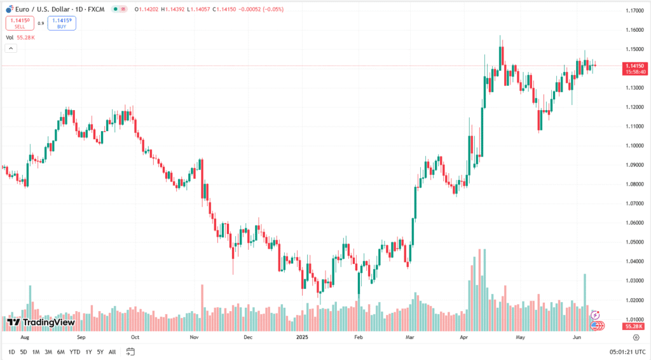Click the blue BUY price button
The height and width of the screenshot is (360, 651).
(61, 24)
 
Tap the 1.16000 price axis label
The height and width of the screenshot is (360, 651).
(634, 30)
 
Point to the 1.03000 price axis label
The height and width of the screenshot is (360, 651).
(634, 280)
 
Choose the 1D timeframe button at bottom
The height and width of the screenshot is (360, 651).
(11, 352)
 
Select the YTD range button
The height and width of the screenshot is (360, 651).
(74, 352)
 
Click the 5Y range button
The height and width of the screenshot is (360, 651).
(100, 352)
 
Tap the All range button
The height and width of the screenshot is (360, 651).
(112, 352)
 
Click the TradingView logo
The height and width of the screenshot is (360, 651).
(41, 322)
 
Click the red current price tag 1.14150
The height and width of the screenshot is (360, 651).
(634, 66)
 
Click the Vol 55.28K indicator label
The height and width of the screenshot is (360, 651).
(20, 38)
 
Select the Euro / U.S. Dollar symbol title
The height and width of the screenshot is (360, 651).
(42, 10)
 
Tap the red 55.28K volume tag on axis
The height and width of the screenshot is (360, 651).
(634, 326)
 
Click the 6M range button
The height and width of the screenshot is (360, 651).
(60, 352)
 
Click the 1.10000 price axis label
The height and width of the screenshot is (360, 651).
(634, 146)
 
